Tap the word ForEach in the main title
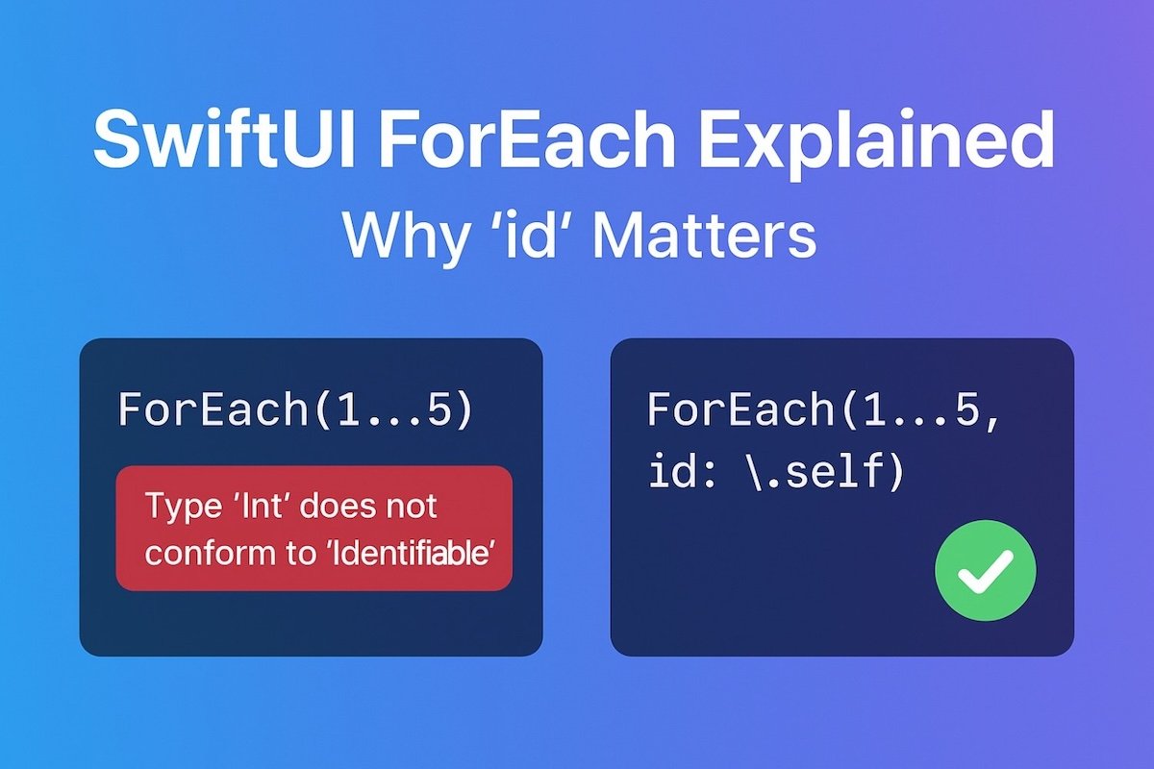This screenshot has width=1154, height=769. pos(526,140)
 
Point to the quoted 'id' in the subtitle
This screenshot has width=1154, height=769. pos(532,235)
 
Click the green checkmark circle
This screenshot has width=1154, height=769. pos(985,570)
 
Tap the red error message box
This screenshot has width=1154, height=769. pos(314,528)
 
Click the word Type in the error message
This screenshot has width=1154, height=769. pos(184,508)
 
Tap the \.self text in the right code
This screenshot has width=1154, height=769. pos(825,470)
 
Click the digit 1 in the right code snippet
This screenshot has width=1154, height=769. pos(876,409)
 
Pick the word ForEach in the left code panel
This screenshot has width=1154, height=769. pos(213,409)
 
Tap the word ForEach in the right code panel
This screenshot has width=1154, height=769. pos(740,409)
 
